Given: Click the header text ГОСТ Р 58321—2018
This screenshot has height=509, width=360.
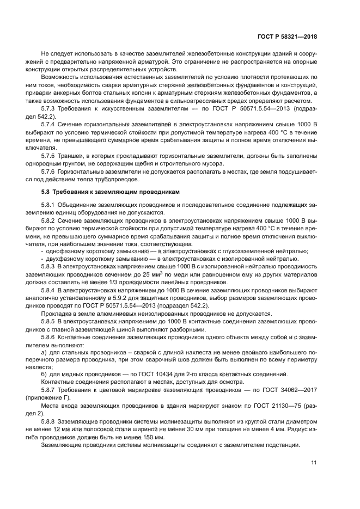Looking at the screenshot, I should [287, 37].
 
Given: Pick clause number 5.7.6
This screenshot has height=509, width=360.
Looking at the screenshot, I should [50, 171].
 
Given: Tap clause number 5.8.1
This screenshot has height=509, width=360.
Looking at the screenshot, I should [50, 204].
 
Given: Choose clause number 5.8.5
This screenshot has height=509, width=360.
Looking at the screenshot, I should [50, 322].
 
